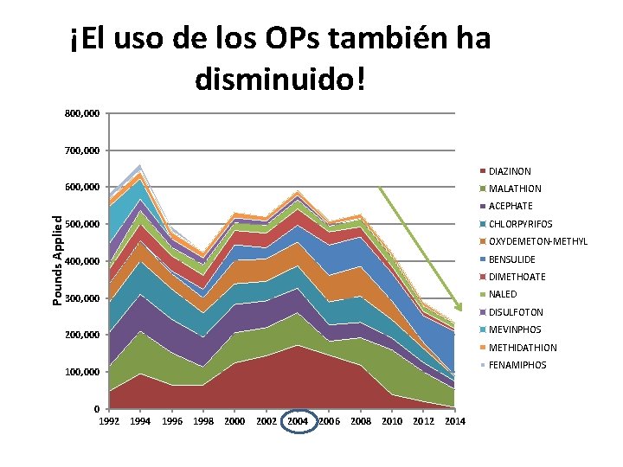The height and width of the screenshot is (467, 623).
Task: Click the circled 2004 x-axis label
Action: click(298, 421)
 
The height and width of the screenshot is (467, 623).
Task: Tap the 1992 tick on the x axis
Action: click(108, 421)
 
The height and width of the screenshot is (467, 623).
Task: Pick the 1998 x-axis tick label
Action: click(202, 421)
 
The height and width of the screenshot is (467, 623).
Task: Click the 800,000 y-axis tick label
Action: click(82, 113)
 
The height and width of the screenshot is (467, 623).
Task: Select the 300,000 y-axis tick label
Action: click(82, 298)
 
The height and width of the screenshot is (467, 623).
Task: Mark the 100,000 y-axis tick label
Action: click(82, 372)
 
